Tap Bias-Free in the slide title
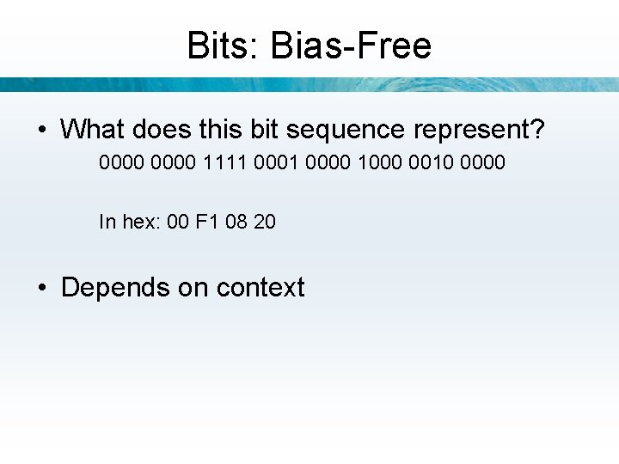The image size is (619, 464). (350, 46)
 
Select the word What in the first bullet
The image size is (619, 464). (93, 130)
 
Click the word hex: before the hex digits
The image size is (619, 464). (141, 222)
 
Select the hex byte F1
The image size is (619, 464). (207, 222)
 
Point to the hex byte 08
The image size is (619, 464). (237, 222)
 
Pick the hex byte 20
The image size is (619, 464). (265, 222)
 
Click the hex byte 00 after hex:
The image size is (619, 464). (178, 222)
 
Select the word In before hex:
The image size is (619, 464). (107, 222)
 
